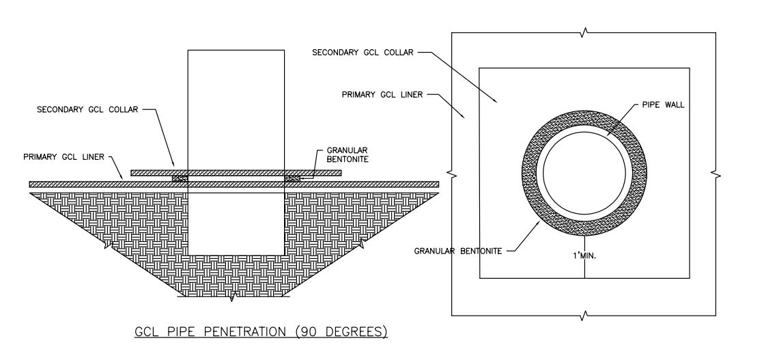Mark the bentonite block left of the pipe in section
tap(180, 178)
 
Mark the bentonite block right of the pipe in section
tap(292, 178)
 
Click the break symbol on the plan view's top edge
tap(584, 31)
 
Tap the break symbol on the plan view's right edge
tap(716, 174)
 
